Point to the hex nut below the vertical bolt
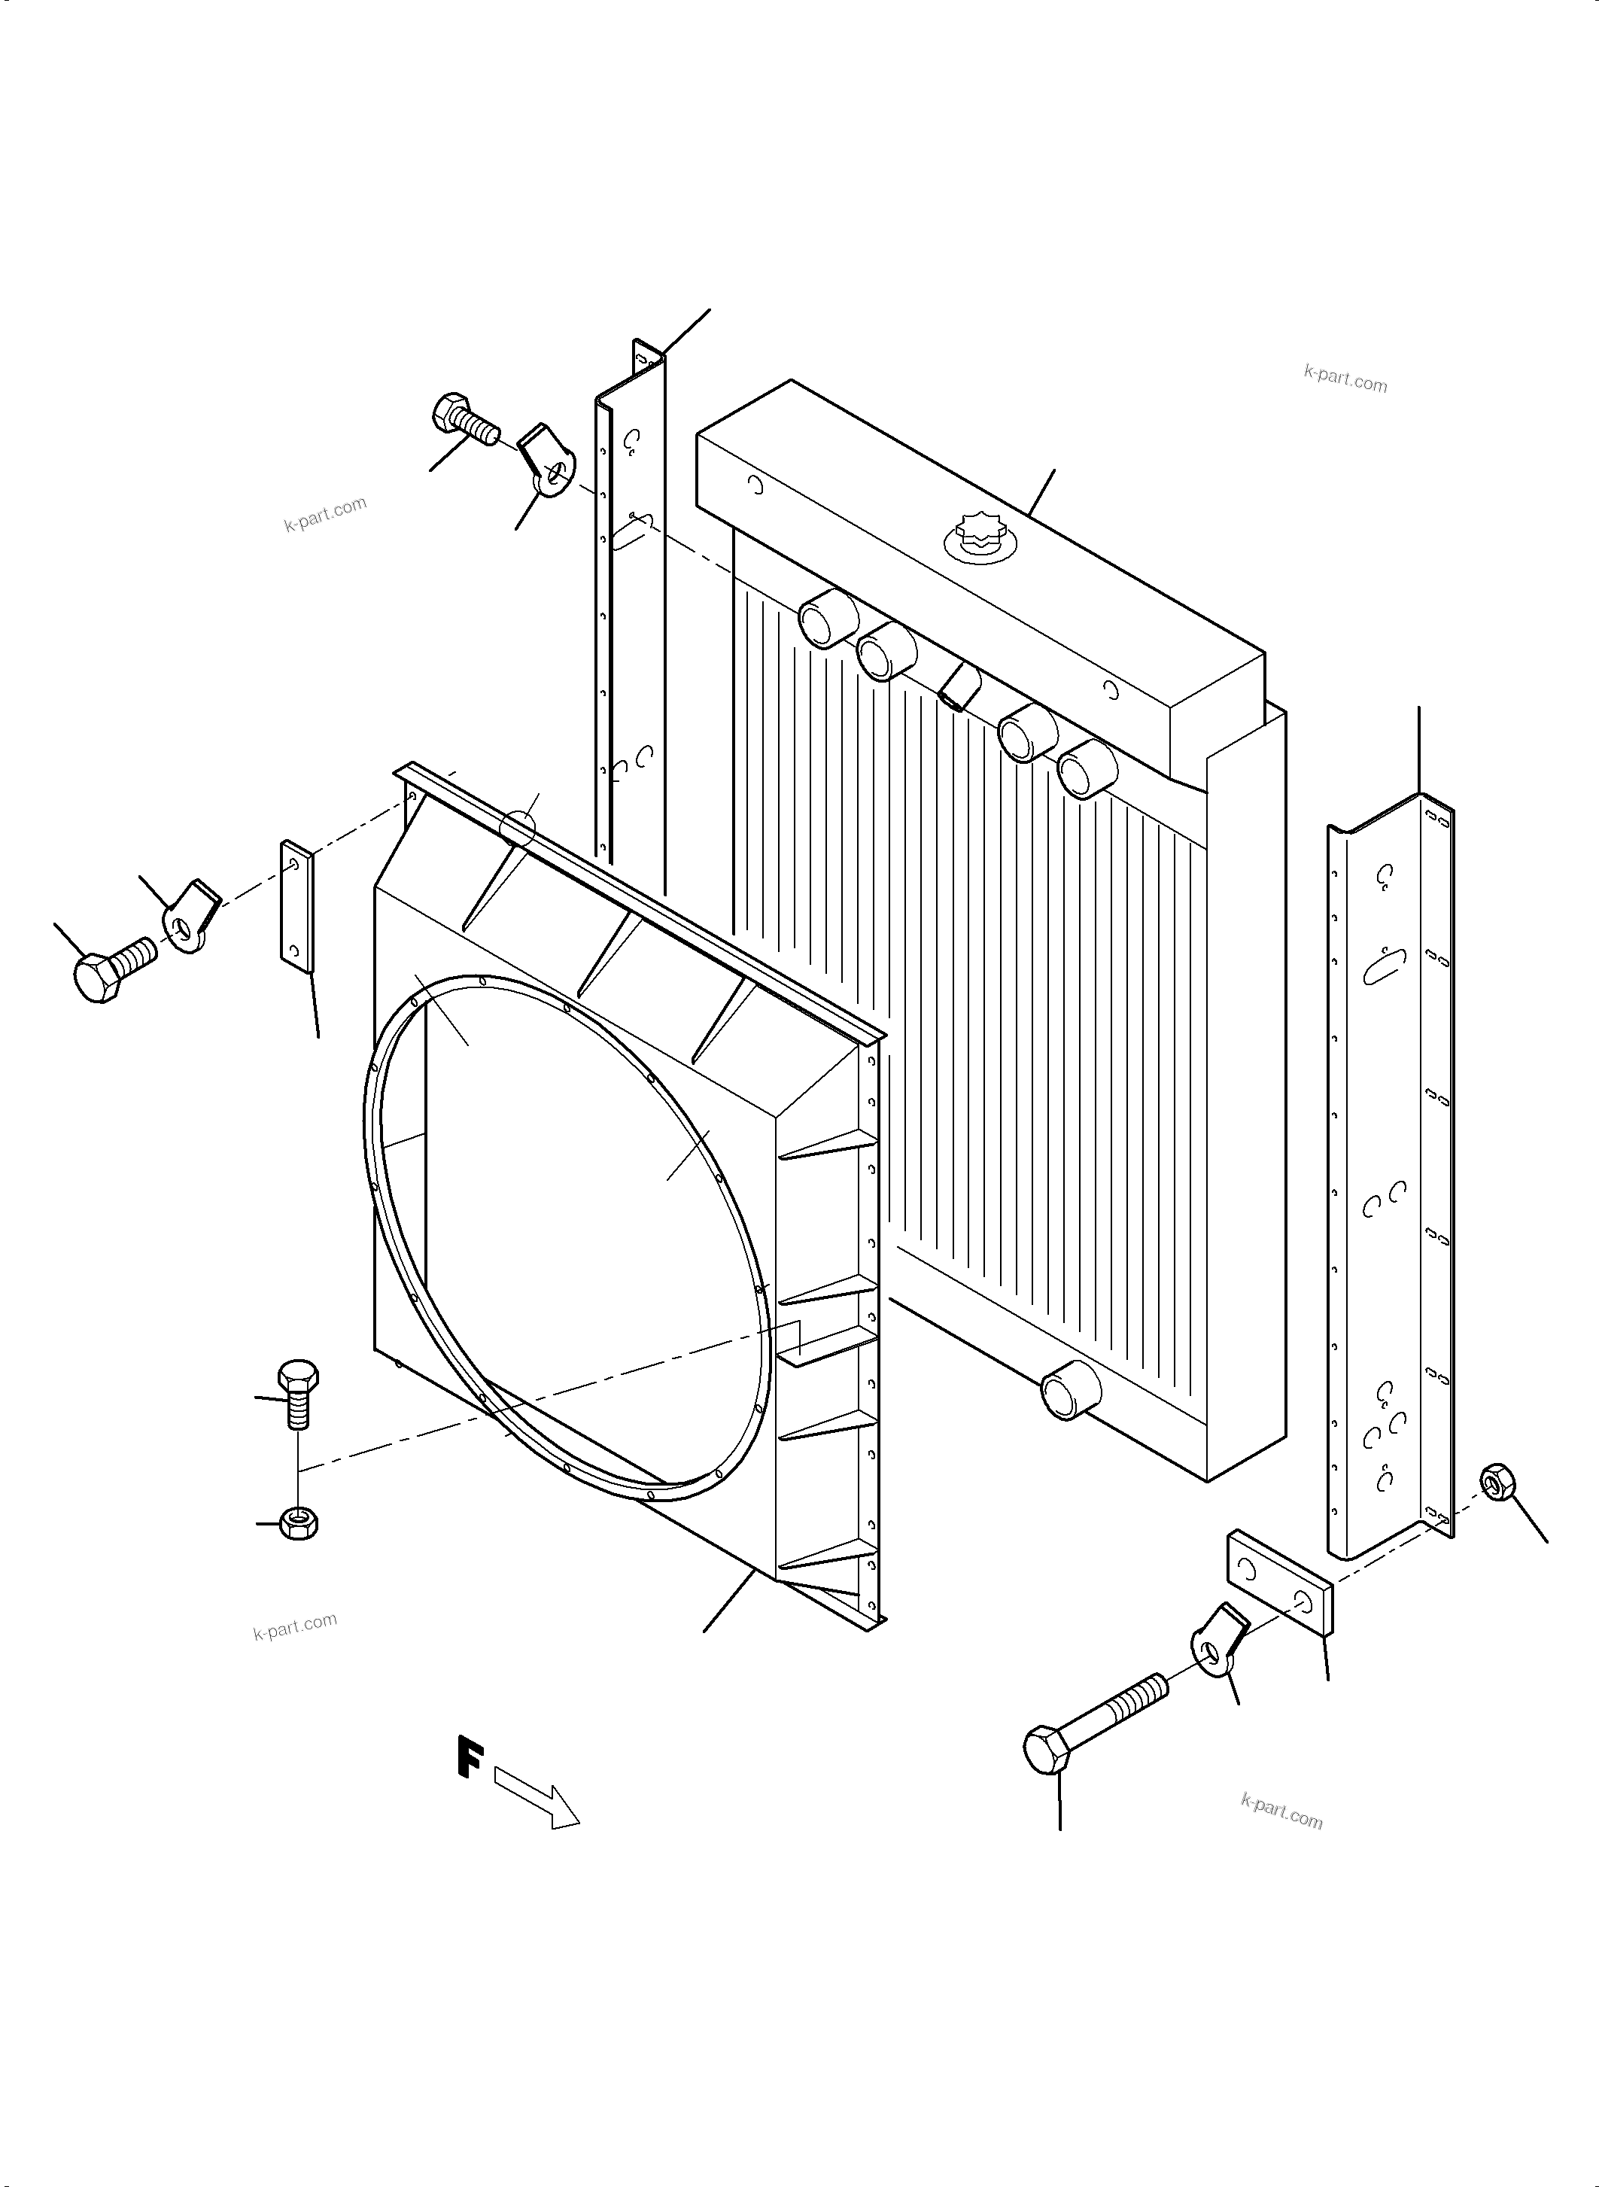pyautogui.click(x=299, y=1523)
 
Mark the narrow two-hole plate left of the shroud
pyautogui.click(x=296, y=906)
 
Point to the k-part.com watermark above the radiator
pyautogui.click(x=1345, y=379)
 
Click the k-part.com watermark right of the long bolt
pyautogui.click(x=1281, y=1811)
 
